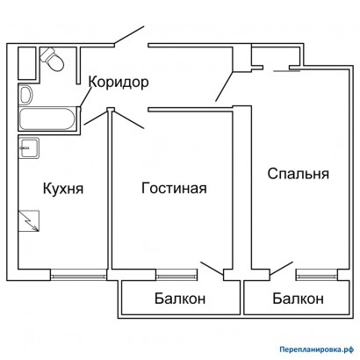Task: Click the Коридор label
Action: (x=119, y=83)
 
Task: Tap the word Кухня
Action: (x=63, y=189)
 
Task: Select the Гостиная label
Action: (x=174, y=188)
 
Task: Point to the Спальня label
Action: (x=299, y=174)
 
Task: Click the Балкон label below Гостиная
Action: (x=180, y=299)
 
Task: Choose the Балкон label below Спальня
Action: (x=299, y=299)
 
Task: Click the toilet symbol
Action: (x=52, y=60)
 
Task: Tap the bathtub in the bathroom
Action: (x=47, y=119)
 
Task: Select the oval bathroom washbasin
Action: (x=26, y=95)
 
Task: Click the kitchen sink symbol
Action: (x=29, y=148)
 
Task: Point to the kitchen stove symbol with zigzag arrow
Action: (x=29, y=221)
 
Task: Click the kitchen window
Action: (x=78, y=275)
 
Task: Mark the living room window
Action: (x=176, y=275)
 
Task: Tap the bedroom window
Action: (x=317, y=275)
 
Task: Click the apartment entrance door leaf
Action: (x=129, y=36)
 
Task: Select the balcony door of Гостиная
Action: (x=212, y=269)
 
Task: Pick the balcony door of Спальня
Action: (x=281, y=269)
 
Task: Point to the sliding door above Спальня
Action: (x=286, y=70)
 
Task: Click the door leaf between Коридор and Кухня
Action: (x=96, y=118)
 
